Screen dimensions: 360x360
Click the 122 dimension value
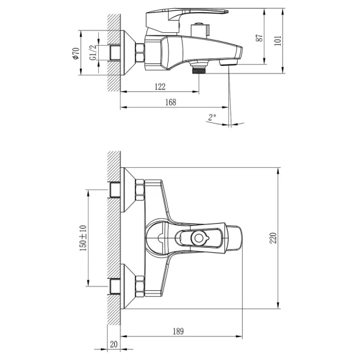coord(160,87)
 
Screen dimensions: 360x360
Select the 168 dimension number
coord(171,102)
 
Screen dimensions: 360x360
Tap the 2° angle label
coord(212,117)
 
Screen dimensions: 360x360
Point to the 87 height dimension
coord(259,38)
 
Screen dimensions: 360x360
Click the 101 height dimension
coord(278,41)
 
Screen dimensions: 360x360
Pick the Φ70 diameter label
coord(76,53)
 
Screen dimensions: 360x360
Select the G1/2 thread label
coord(93,53)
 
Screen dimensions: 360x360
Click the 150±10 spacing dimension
coord(83,238)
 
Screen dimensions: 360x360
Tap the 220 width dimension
coord(273,238)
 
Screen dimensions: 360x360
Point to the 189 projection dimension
coord(178,331)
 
